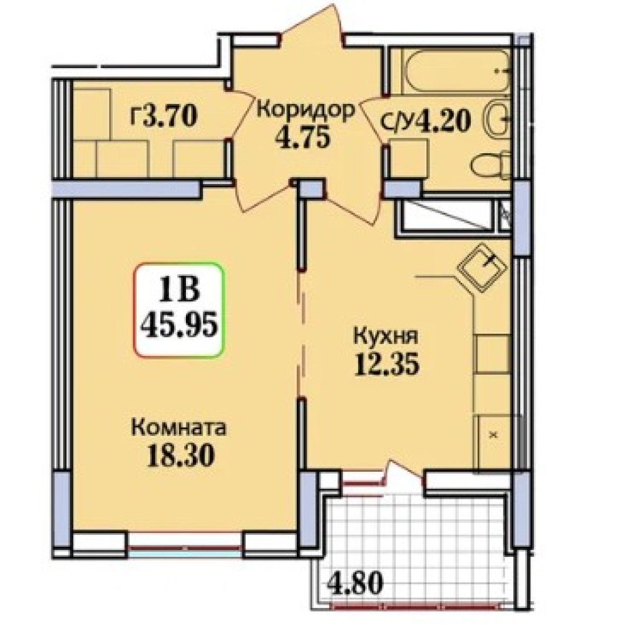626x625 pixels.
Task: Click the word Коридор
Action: [x=305, y=109]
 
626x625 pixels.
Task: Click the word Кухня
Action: [x=386, y=337]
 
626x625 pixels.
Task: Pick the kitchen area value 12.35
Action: [x=387, y=364]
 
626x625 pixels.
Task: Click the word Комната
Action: [x=179, y=428]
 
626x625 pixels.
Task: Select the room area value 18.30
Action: [x=181, y=455]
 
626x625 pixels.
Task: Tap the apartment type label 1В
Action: [x=179, y=288]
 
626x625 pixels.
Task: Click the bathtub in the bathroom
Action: [x=458, y=71]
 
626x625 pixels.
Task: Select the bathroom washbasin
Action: [x=498, y=118]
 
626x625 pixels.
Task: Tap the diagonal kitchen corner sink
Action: [x=482, y=267]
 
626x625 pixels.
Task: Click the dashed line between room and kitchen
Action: [x=302, y=335]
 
